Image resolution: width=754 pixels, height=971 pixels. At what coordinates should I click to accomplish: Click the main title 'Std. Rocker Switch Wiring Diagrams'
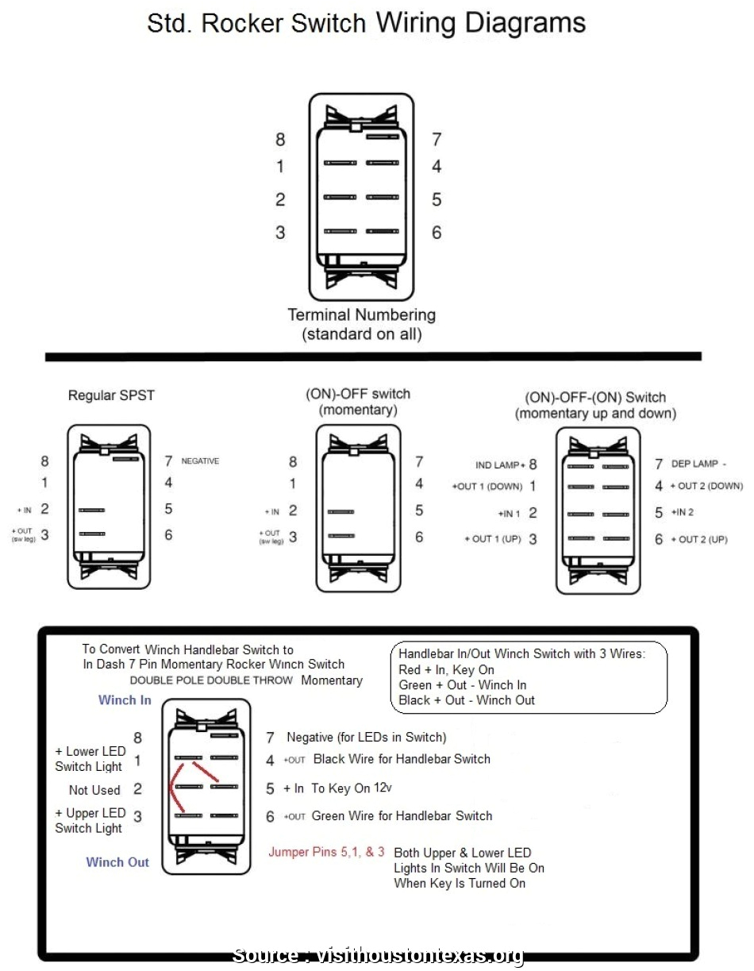click(x=366, y=24)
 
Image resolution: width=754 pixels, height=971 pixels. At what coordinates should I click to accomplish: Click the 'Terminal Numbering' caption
click(x=361, y=315)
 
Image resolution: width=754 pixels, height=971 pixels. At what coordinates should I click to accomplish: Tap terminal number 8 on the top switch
click(x=280, y=140)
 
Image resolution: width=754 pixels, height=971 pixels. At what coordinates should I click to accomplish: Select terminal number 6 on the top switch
click(x=437, y=233)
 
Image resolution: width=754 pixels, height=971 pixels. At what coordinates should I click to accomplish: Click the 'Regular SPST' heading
click(x=111, y=395)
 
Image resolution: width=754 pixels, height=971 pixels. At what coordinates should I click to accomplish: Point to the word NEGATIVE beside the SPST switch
click(x=200, y=461)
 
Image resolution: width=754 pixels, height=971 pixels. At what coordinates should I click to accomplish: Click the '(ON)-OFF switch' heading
click(x=358, y=394)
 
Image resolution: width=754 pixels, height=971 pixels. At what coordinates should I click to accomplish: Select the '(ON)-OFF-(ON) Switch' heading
click(x=595, y=397)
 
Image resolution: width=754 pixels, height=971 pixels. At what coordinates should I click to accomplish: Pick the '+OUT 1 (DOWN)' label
click(x=487, y=487)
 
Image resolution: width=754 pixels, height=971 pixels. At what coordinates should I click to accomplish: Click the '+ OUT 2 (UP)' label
click(x=699, y=540)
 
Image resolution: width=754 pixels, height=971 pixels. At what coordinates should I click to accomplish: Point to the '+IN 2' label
click(x=683, y=513)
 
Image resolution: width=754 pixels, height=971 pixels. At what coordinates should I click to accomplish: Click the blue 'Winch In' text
click(x=125, y=700)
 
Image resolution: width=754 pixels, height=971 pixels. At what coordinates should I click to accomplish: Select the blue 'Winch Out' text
click(x=117, y=862)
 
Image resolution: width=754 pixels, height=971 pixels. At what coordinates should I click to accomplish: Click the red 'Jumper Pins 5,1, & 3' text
click(x=326, y=852)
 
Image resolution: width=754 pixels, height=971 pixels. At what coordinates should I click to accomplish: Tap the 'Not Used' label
click(x=94, y=790)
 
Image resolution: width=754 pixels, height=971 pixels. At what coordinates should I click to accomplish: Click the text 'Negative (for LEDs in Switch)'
click(x=366, y=738)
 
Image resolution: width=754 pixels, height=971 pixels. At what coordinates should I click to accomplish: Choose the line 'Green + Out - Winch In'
click(x=462, y=685)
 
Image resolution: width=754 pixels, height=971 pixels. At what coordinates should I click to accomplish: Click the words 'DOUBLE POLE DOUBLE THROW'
click(x=211, y=680)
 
